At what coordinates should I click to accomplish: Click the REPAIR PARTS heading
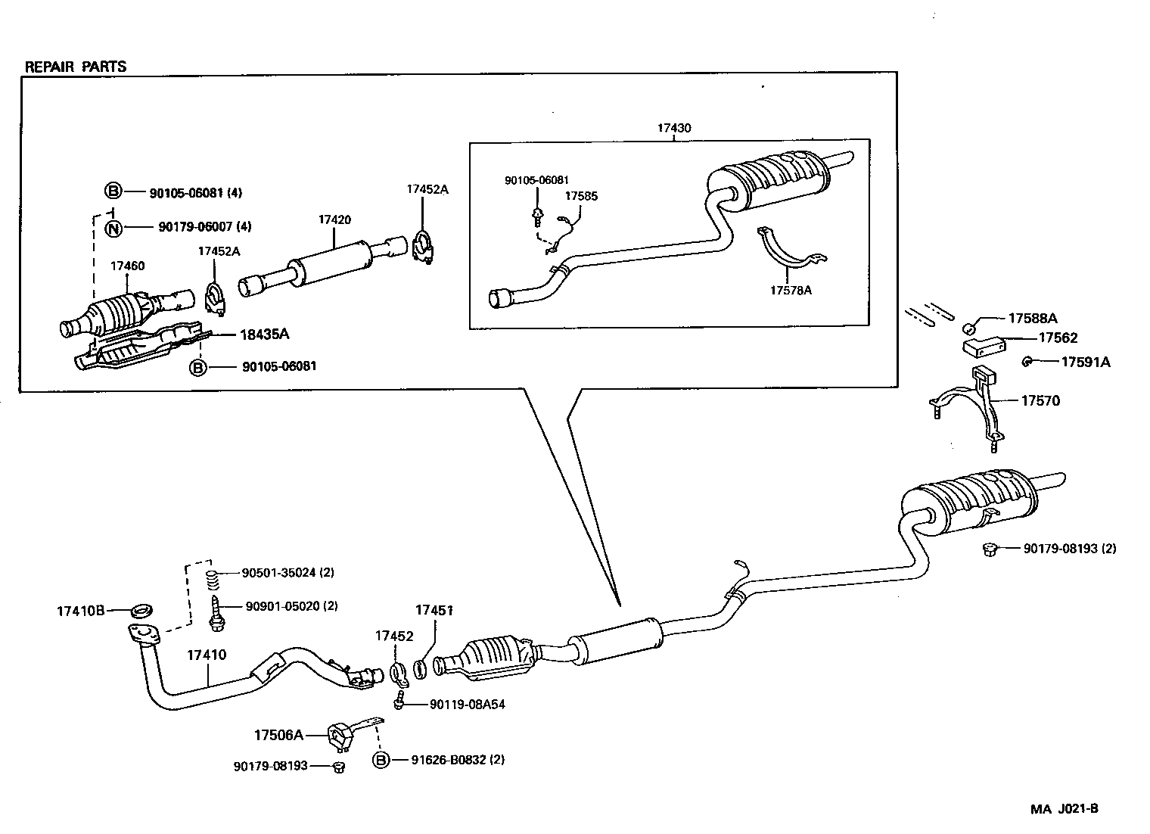[76, 67]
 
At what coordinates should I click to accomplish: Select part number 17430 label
[673, 128]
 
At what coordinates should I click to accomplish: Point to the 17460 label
[127, 266]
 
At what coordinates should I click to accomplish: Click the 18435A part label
[265, 334]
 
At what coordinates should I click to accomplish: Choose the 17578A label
[791, 290]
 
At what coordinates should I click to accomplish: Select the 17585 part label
[581, 196]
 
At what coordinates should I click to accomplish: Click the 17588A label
[1032, 319]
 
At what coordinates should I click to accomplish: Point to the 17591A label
[1085, 362]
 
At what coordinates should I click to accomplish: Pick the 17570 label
[1040, 400]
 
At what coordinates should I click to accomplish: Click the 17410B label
[80, 610]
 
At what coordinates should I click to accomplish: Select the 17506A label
[278, 734]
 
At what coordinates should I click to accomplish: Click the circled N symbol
[113, 226]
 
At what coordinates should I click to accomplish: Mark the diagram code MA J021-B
[1064, 808]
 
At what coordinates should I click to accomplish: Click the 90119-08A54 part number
[467, 705]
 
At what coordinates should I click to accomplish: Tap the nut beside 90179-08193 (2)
[987, 549]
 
